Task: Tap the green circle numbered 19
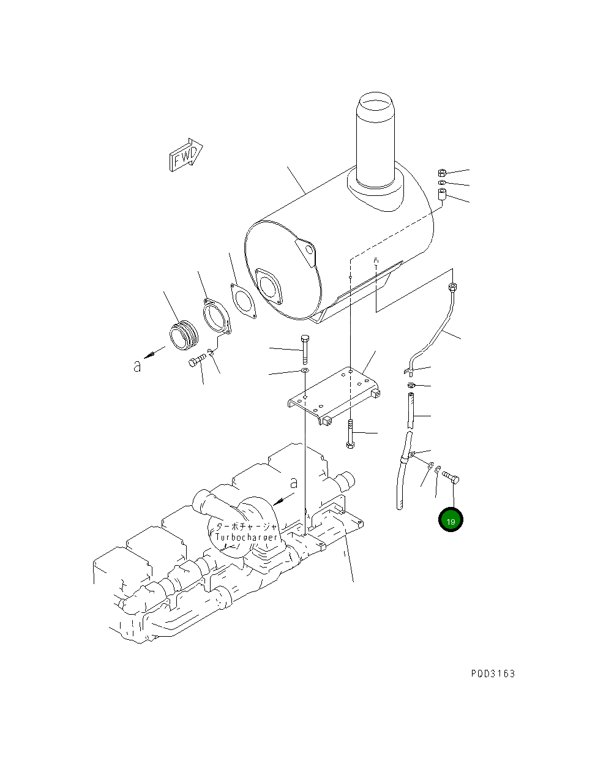(x=451, y=520)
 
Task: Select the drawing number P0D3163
(x=493, y=673)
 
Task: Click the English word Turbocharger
(x=246, y=537)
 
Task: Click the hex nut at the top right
(x=443, y=173)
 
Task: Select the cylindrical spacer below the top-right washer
(x=443, y=195)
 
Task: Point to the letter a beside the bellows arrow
(x=137, y=366)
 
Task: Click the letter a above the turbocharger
(x=294, y=482)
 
